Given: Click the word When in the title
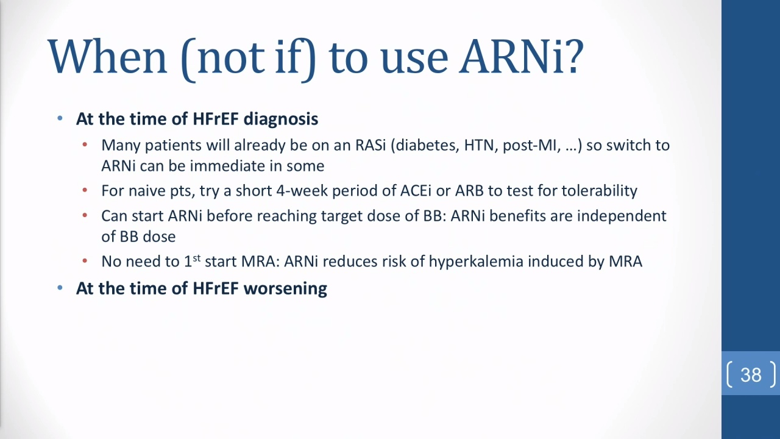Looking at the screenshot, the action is [x=108, y=57].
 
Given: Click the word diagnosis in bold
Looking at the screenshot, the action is [x=281, y=119].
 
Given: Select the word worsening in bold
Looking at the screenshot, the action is [x=285, y=288].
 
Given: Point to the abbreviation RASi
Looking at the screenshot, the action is [x=370, y=145].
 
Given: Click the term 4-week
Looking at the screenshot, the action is [x=302, y=191].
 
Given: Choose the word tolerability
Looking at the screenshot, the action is [x=599, y=191].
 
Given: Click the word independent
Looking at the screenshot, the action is [x=622, y=216].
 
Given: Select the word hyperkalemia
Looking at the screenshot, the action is [x=476, y=262].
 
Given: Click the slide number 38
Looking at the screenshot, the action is [x=751, y=375].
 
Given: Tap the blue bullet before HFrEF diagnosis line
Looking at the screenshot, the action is [x=60, y=118].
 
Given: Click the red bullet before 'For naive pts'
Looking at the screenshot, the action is [x=85, y=190].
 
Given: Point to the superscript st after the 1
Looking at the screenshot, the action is [x=197, y=258].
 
